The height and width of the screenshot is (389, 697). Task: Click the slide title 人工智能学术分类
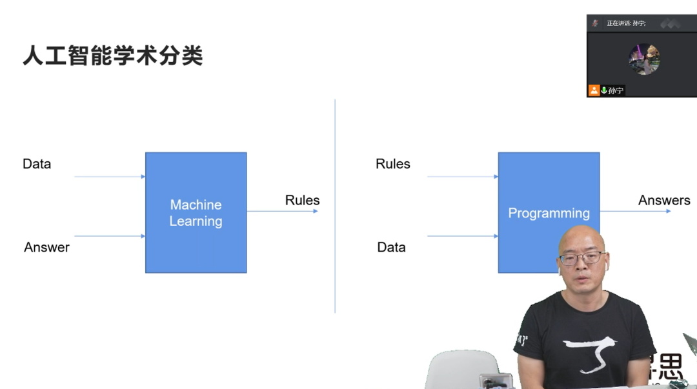(113, 56)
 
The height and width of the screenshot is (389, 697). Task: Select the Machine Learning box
(196, 212)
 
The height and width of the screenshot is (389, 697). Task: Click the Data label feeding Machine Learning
(37, 164)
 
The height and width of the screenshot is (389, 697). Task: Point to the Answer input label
(46, 247)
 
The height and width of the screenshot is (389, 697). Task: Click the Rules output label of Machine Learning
(302, 200)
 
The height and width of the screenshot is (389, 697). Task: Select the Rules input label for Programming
(392, 164)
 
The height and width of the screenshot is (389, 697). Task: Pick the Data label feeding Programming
(391, 247)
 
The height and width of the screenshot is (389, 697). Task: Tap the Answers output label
(664, 200)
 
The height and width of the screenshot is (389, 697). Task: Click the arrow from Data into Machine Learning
(110, 176)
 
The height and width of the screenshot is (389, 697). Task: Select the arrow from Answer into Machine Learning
(110, 236)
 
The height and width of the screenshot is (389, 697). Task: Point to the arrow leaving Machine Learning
(282, 211)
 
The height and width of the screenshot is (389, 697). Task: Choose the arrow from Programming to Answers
(635, 211)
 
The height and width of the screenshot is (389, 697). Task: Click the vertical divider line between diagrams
(335, 206)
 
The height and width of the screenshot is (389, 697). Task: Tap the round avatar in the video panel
(644, 59)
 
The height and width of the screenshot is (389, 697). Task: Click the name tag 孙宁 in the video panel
(616, 90)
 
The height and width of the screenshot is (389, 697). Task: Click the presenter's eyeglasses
(581, 258)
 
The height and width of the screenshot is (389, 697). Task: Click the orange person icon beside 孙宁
(594, 90)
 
